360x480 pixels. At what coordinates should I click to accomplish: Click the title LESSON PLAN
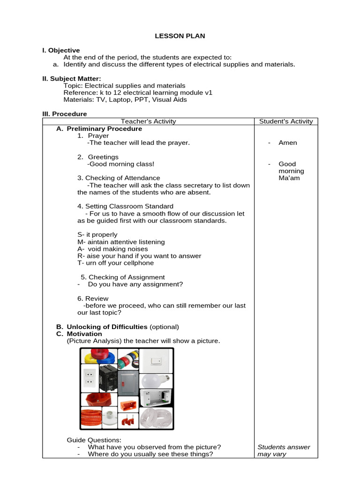coord(180,36)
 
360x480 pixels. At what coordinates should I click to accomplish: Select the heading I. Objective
coord(61,50)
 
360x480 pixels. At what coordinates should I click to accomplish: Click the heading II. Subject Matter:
coord(72,79)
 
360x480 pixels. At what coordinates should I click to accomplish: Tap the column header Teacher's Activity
coord(148,121)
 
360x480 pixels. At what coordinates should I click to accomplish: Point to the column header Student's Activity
coord(285,121)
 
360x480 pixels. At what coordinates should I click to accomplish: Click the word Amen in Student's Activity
coord(287,143)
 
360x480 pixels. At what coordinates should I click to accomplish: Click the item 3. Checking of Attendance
coord(119,178)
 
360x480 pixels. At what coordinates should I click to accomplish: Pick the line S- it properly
coord(97,234)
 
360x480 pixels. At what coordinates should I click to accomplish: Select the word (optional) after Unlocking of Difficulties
coord(164,327)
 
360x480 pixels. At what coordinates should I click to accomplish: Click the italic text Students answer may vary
coord(284,450)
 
